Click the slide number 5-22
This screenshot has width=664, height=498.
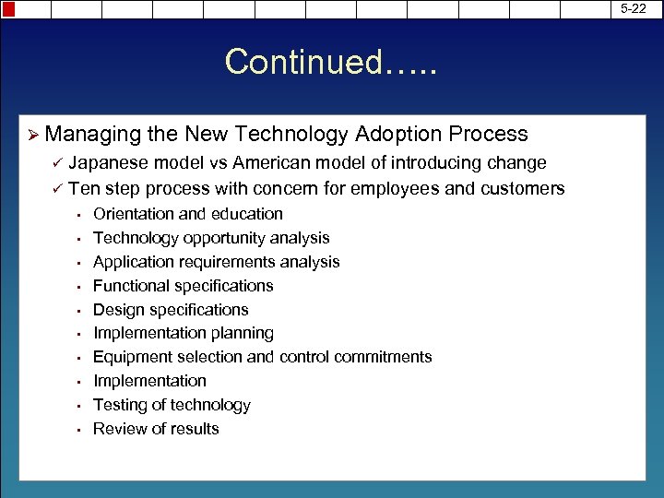click(x=634, y=8)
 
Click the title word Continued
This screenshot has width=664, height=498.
click(x=304, y=63)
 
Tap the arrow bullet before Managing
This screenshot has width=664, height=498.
click(x=33, y=135)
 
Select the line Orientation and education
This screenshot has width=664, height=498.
click(x=188, y=214)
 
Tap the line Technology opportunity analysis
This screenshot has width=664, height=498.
click(x=211, y=238)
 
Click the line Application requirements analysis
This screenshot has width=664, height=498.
click(x=217, y=262)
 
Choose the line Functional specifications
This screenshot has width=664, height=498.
click(x=184, y=286)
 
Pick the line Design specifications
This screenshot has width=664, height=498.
click(x=171, y=310)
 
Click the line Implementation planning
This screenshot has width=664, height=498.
click(x=184, y=333)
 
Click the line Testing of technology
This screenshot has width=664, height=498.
click(x=172, y=405)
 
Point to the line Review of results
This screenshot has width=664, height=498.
click(x=156, y=429)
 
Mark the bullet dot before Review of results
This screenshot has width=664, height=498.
click(x=80, y=430)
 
